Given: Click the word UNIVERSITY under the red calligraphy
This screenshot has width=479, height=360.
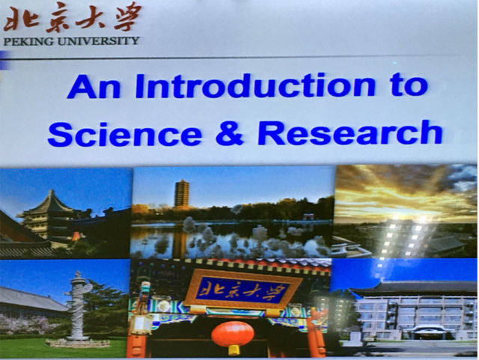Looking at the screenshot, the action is tap(99, 41).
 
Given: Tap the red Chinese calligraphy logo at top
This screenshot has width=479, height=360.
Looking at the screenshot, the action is tap(73, 17).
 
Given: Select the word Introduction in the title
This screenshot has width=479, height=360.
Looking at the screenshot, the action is tap(255, 85).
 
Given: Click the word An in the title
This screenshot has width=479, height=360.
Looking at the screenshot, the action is tap(94, 87).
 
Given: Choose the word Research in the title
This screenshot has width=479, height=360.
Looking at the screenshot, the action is tap(350, 132).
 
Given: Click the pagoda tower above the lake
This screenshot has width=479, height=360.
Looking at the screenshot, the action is tap(181, 195).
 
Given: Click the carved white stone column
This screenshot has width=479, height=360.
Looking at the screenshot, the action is tap(78, 305).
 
